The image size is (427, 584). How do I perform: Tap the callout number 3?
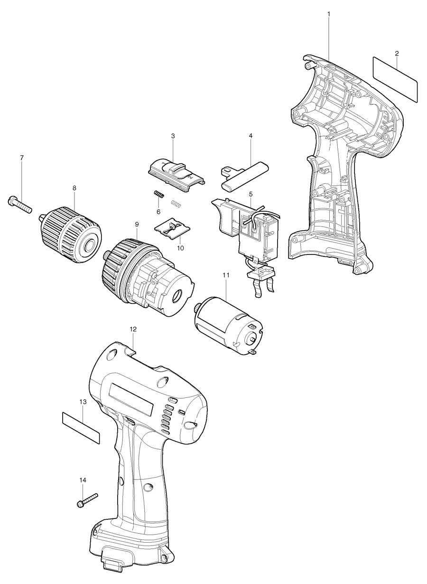tap(173, 136)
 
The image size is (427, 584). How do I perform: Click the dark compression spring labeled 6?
tap(159, 195)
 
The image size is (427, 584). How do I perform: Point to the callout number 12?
tap(133, 329)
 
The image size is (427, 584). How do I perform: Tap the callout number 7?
tap(22, 158)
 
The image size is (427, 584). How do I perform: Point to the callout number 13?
tap(83, 401)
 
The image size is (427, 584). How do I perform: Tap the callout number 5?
tap(251, 193)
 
